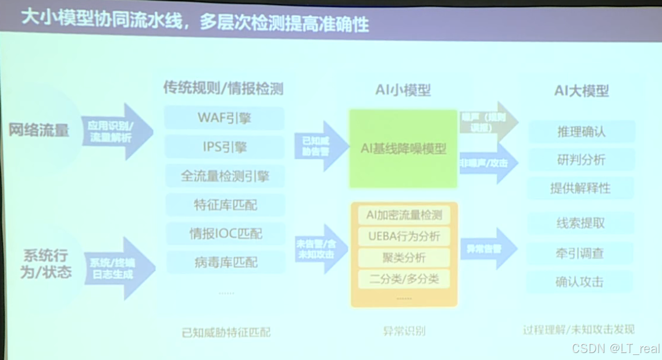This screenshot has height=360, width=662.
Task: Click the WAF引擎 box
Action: click(x=224, y=118)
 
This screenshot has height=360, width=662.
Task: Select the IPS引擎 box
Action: click(x=224, y=147)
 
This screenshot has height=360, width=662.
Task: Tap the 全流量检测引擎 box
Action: click(x=225, y=176)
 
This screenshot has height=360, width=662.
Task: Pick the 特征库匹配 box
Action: click(x=225, y=205)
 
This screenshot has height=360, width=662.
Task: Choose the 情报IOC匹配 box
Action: click(x=225, y=234)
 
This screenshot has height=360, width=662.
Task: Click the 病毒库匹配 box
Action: click(x=225, y=262)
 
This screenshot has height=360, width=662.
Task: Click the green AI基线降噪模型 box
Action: click(x=403, y=149)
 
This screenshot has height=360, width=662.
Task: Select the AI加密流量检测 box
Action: click(x=404, y=215)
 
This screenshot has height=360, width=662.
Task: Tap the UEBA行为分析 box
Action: click(x=404, y=237)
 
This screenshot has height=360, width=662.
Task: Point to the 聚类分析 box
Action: click(x=404, y=258)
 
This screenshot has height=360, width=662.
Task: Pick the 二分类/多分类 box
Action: click(x=404, y=279)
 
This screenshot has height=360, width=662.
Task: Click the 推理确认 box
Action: click(x=581, y=131)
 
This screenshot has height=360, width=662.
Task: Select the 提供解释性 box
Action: click(x=581, y=188)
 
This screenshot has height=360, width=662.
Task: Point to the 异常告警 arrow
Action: click(x=487, y=249)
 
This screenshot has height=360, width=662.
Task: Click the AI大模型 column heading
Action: click(x=581, y=91)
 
